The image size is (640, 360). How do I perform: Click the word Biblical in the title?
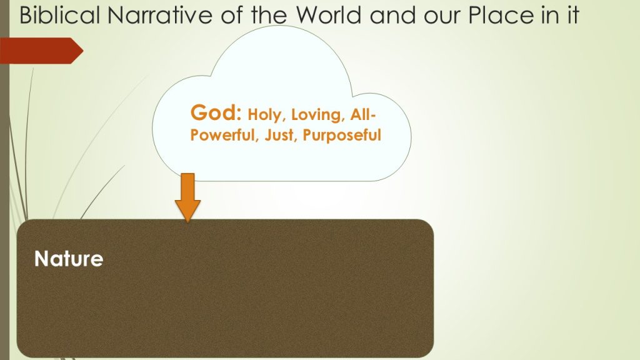(x=59, y=15)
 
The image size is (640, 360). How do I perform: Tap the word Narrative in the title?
(x=160, y=15)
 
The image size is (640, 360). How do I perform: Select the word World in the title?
(x=329, y=15)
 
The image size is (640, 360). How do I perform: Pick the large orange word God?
(x=216, y=112)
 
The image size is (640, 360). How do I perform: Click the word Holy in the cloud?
(x=265, y=115)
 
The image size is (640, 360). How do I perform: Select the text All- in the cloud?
(x=362, y=114)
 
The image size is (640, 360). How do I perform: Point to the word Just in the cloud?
(x=279, y=135)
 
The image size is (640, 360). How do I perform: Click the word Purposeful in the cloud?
(x=342, y=136)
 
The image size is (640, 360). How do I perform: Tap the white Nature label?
(x=69, y=259)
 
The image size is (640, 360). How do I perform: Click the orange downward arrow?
(x=187, y=197)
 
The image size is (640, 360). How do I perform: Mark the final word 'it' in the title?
(x=572, y=15)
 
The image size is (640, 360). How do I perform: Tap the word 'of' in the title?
(x=232, y=15)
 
